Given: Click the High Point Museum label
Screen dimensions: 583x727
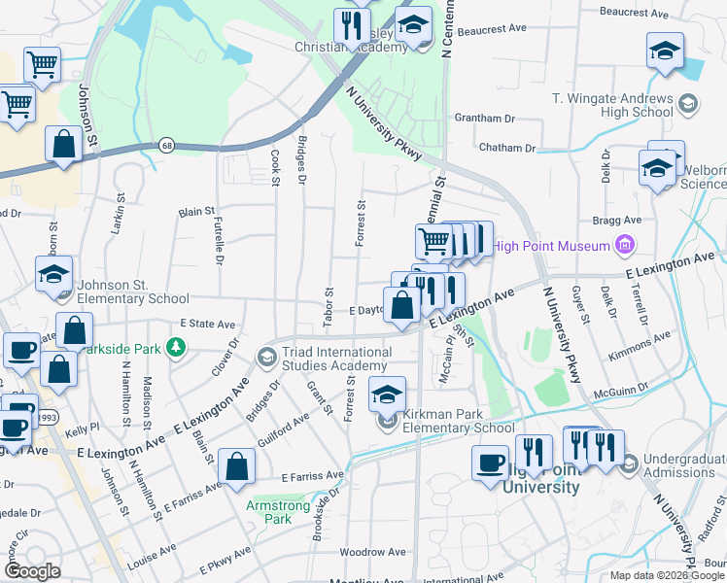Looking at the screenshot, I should point(549,246).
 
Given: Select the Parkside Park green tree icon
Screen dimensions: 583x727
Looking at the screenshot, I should point(175,347).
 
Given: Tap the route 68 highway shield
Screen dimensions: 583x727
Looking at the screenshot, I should point(167,146).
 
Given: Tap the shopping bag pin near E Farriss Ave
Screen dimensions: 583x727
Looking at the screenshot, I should point(237,465).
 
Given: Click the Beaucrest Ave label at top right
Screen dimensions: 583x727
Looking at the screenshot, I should point(661,15).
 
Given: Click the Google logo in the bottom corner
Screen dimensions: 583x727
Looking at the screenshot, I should point(32,570).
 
